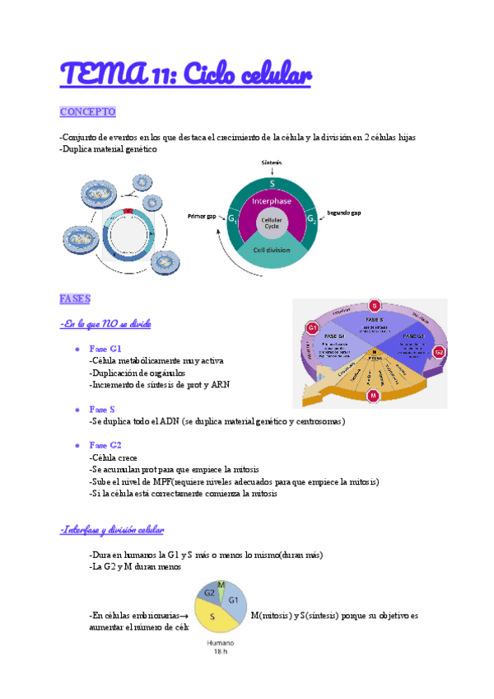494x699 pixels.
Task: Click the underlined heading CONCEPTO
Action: point(88,111)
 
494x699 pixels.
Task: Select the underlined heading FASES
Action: point(75,298)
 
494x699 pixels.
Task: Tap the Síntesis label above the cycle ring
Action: point(273,162)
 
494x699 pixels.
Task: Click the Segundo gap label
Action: point(343,213)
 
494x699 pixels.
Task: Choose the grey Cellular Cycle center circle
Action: point(272,222)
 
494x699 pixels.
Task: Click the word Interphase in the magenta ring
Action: point(273,200)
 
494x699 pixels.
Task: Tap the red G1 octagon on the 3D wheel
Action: point(313,329)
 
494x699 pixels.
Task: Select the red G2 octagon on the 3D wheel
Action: point(439,352)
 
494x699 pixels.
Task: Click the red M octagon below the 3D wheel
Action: point(373,396)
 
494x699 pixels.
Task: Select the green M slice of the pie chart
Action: point(221,586)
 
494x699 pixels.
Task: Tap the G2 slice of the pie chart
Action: point(209,593)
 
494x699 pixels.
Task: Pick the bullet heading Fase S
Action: point(102,409)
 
